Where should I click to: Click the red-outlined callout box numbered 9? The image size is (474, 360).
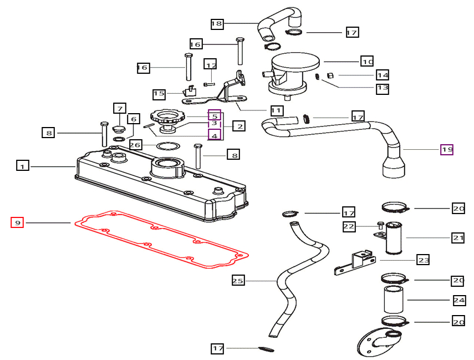(x=18, y=222)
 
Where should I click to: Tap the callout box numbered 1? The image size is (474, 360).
(x=22, y=165)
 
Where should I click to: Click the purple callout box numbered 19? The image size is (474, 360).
(x=447, y=149)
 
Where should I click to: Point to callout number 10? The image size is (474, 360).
(x=367, y=61)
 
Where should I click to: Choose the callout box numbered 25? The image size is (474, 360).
(x=238, y=281)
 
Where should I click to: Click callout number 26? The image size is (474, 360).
(x=136, y=145)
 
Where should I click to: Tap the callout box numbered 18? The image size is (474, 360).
(x=217, y=23)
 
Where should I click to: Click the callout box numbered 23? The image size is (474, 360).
(x=423, y=259)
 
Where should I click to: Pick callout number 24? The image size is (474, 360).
(x=458, y=301)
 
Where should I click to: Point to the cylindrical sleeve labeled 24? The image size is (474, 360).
(x=393, y=300)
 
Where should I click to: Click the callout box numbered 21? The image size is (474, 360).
(x=458, y=238)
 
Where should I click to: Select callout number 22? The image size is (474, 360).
(x=348, y=226)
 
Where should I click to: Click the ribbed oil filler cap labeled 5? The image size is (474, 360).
(x=165, y=118)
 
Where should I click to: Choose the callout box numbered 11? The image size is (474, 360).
(x=276, y=110)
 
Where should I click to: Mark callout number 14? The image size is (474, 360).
(x=383, y=75)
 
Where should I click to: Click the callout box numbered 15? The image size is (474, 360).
(x=159, y=94)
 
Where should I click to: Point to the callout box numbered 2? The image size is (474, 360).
(x=239, y=126)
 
